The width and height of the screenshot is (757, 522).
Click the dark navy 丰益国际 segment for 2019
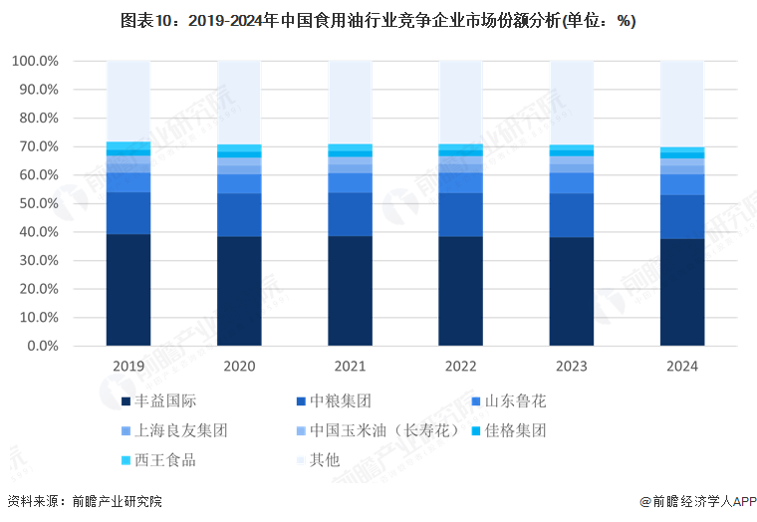pos(128,290)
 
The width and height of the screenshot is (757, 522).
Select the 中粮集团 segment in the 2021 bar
pos(351,214)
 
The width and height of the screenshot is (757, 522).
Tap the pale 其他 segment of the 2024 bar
pos(682,104)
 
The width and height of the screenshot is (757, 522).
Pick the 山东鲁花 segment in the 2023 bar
pos(572,183)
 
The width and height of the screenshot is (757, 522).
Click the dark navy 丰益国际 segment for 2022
pos(461,291)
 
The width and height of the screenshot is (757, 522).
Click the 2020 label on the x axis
pos(239,367)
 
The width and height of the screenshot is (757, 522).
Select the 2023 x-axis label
pos(572,367)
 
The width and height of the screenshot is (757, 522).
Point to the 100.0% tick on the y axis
pos(35,61)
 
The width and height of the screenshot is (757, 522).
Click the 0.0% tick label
pos(43,346)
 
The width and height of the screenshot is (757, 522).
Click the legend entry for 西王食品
pos(159,459)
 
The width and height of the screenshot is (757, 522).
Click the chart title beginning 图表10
pos(378,20)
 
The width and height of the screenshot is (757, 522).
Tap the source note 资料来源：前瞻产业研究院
pos(84,501)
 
